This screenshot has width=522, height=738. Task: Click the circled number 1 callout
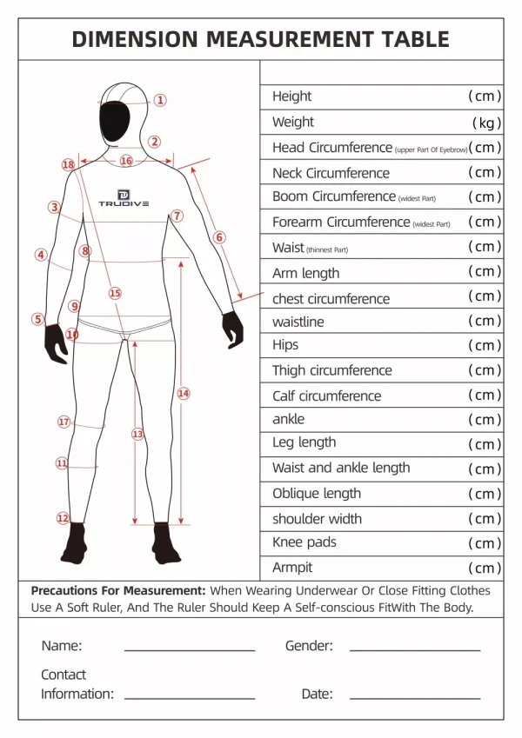[x=160, y=100]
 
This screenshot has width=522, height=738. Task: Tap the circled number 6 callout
[x=219, y=236]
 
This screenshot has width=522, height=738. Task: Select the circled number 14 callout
[x=184, y=393]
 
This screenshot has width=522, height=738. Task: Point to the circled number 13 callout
[x=137, y=433]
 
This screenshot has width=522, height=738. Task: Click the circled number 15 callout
[x=115, y=293]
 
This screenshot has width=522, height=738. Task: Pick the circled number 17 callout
[x=64, y=422]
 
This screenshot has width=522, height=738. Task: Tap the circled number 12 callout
[x=63, y=518]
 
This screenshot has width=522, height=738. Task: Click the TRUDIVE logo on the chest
[x=124, y=198]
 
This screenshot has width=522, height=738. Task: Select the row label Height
[x=291, y=96]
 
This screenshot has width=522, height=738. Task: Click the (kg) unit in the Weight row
[x=485, y=123]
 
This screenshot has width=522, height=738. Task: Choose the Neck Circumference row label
[x=331, y=173]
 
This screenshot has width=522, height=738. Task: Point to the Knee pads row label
[x=304, y=542]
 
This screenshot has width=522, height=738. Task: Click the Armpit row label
[x=292, y=568]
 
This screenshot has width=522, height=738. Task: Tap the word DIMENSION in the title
[x=135, y=39]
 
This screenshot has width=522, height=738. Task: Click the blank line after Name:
[x=190, y=649]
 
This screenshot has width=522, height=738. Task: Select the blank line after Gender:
[x=415, y=649]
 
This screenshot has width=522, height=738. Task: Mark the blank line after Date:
[x=415, y=697]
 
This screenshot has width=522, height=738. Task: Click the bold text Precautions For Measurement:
[x=118, y=590]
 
